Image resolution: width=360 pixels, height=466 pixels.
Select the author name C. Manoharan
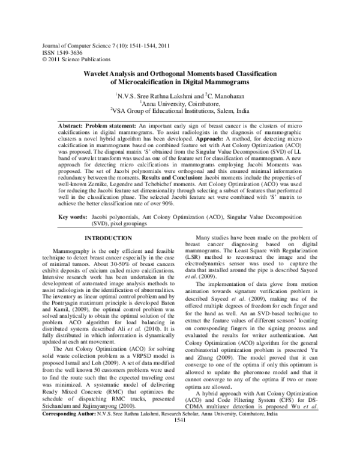click(226, 95)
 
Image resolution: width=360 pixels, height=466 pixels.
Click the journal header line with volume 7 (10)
click(105, 45)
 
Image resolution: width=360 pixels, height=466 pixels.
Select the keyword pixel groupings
click(127, 222)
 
